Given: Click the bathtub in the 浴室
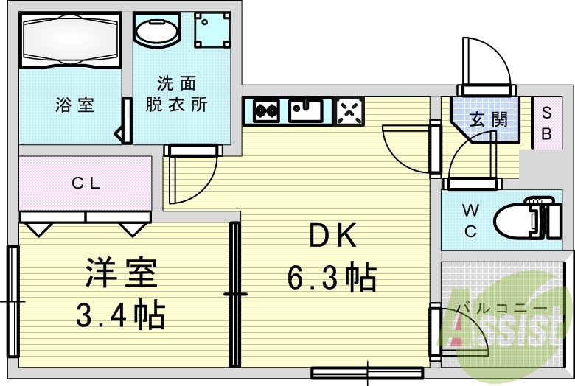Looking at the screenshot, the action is coord(70,40).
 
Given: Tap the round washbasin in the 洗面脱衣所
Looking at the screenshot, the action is coord(156,29).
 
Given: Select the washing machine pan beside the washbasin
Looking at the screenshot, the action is coord(212,30).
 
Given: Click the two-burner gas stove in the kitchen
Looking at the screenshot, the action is coord(266,110).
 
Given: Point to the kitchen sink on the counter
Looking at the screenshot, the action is coord(306,110).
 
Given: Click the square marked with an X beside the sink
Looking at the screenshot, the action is coord(349,110).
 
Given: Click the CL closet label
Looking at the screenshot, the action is coord(86,183).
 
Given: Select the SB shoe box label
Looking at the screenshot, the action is coord(546,123).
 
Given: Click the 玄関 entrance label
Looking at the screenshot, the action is coord(488,119).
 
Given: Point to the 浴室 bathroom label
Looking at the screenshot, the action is coord(74,105).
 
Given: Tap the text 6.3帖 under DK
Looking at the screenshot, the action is coord(332,277).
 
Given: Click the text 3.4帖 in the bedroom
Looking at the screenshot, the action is coord(121,315).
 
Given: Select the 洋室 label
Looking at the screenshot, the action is coord(122,273).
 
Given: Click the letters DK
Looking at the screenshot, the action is coord(332,236).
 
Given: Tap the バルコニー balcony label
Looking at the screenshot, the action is coord(501,309).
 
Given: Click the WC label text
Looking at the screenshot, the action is coord(470,221).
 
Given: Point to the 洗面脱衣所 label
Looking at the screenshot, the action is coord(177,94).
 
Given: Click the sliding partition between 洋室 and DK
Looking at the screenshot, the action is coord(235,295).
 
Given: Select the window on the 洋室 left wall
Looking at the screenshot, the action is coord(13,301).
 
